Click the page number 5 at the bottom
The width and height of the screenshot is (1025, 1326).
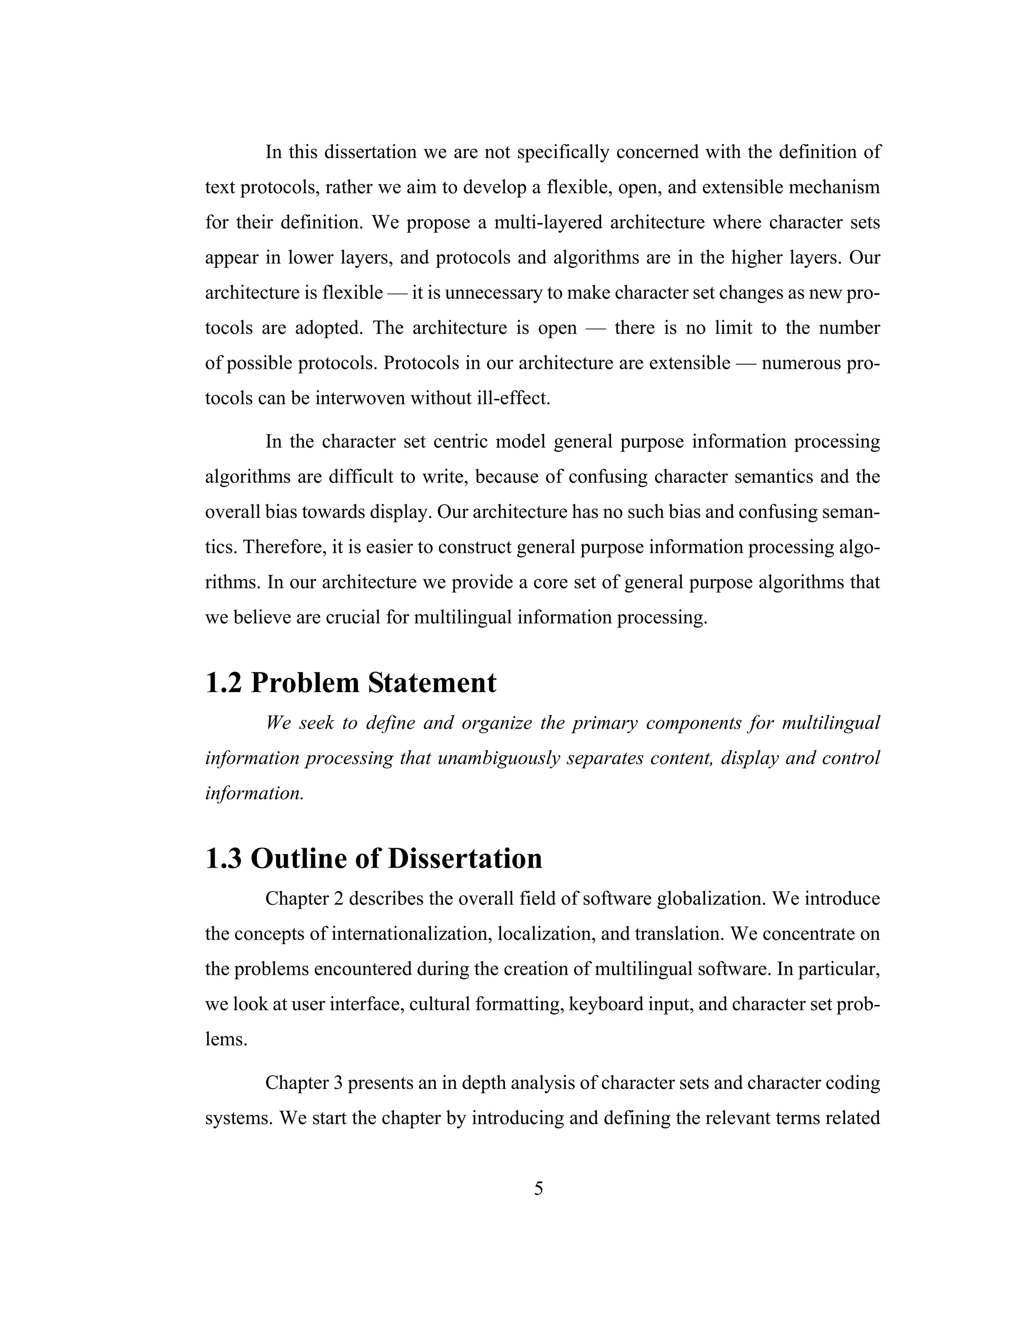coord(538,1189)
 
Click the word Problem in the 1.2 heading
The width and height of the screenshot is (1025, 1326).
coord(304,683)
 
